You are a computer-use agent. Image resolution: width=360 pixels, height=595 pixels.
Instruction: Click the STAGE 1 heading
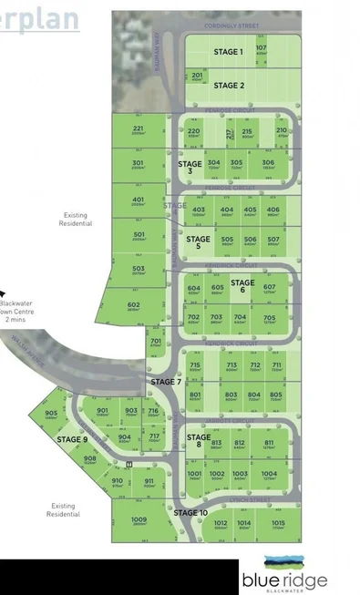(228, 52)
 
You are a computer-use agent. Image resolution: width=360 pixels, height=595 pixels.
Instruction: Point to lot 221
(139, 130)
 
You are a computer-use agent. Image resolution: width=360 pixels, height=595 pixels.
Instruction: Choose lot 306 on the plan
(268, 163)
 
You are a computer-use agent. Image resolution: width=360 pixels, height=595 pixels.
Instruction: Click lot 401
(139, 200)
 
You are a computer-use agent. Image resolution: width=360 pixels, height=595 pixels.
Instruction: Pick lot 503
(139, 269)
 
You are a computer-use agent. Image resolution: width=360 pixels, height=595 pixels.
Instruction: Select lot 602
(134, 305)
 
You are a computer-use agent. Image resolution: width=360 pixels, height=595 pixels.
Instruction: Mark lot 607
(270, 288)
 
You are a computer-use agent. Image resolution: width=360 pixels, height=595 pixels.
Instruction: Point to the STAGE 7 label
(166, 381)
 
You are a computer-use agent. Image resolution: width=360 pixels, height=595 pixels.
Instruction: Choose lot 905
(51, 414)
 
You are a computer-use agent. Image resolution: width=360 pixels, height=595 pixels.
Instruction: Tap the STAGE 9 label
(72, 439)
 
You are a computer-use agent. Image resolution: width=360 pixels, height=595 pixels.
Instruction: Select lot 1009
(139, 521)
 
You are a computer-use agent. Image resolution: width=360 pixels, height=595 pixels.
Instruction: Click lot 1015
(277, 523)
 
